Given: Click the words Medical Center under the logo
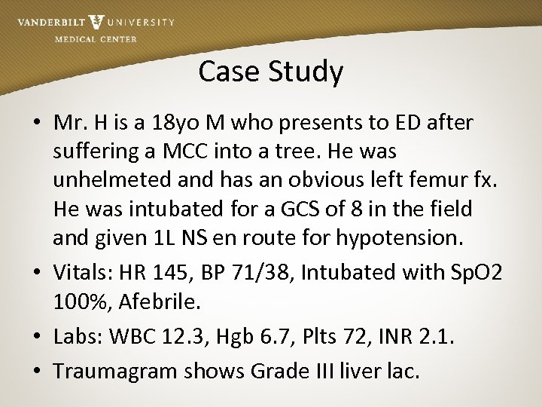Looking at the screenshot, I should [x=96, y=39].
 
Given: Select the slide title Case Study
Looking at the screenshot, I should [x=271, y=72].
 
